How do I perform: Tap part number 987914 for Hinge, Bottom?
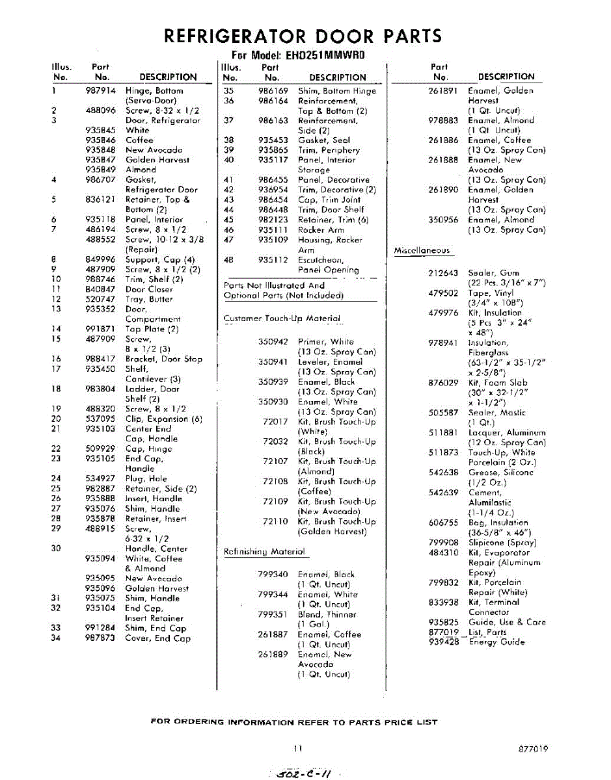point(100,91)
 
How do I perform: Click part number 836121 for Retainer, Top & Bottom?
point(100,200)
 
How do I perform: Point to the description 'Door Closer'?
point(149,289)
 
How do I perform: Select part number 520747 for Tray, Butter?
point(100,299)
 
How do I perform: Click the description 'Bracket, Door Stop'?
point(163,359)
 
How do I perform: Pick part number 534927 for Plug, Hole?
point(100,478)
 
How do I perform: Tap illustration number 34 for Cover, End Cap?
point(55,638)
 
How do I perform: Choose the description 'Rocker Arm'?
point(321,229)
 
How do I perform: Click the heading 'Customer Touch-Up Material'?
point(282,318)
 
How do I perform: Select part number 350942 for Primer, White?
point(273,341)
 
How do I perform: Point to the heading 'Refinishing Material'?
point(264,552)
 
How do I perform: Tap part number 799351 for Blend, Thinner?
point(273,614)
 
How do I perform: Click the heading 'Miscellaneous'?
point(422,250)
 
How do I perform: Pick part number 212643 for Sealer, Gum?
point(443,273)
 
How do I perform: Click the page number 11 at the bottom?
point(297,749)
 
